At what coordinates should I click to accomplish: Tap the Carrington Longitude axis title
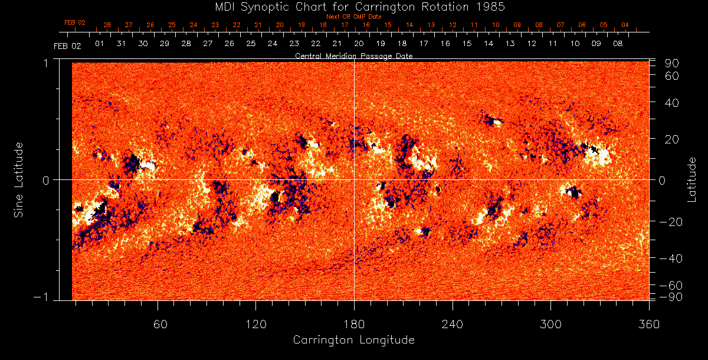click(353, 340)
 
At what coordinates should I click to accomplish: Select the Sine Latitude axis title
click(19, 179)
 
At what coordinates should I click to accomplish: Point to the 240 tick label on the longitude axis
click(453, 324)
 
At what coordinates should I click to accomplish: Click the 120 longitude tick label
click(255, 324)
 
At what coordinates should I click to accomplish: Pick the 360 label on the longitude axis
click(649, 324)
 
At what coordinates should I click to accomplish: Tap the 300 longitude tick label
click(550, 324)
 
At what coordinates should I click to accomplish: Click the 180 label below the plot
click(354, 324)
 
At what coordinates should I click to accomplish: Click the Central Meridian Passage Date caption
click(353, 56)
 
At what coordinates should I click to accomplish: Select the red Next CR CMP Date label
click(353, 17)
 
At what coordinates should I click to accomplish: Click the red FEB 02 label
click(75, 23)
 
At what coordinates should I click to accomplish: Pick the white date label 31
click(121, 44)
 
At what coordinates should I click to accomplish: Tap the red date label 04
click(625, 25)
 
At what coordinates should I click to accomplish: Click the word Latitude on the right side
click(692, 179)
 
